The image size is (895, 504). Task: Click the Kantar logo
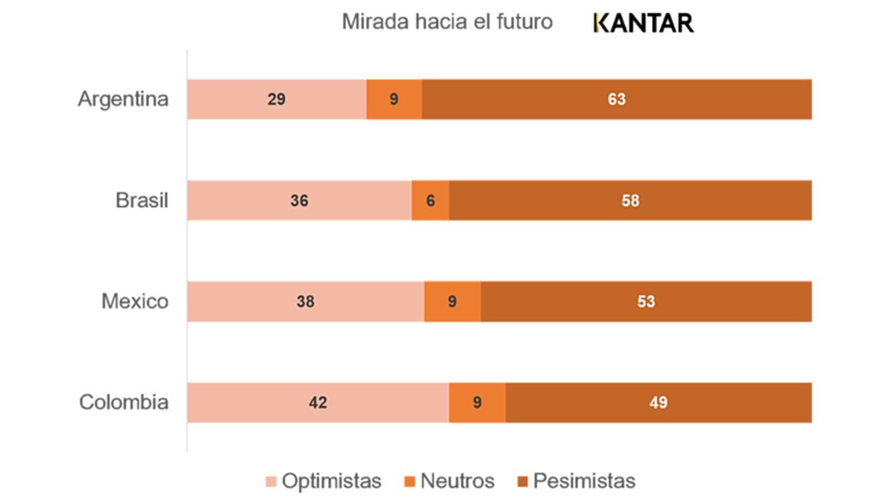[643, 23]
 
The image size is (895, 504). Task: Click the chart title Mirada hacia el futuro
[447, 22]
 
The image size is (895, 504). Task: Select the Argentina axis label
[123, 99]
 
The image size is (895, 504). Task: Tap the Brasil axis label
[142, 200]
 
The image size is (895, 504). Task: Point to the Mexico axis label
[135, 302]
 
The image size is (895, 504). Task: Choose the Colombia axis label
[124, 402]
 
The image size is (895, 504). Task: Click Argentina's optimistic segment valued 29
[277, 99]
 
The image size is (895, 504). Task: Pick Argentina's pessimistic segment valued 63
[617, 99]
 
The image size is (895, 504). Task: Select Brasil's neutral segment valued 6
[430, 200]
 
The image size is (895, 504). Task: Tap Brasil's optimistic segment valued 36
[299, 200]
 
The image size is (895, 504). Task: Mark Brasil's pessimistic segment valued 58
[630, 200]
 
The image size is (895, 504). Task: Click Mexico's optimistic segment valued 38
[305, 302]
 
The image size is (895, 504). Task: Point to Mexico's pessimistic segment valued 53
[646, 302]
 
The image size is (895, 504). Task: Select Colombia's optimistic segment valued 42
[318, 402]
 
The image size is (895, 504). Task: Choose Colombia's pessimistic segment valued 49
[659, 402]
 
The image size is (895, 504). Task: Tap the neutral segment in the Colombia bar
[477, 402]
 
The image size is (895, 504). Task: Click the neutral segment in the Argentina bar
[394, 99]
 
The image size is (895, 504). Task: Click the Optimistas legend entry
[324, 482]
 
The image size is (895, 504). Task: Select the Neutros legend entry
[450, 482]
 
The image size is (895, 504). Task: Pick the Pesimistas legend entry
[576, 482]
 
